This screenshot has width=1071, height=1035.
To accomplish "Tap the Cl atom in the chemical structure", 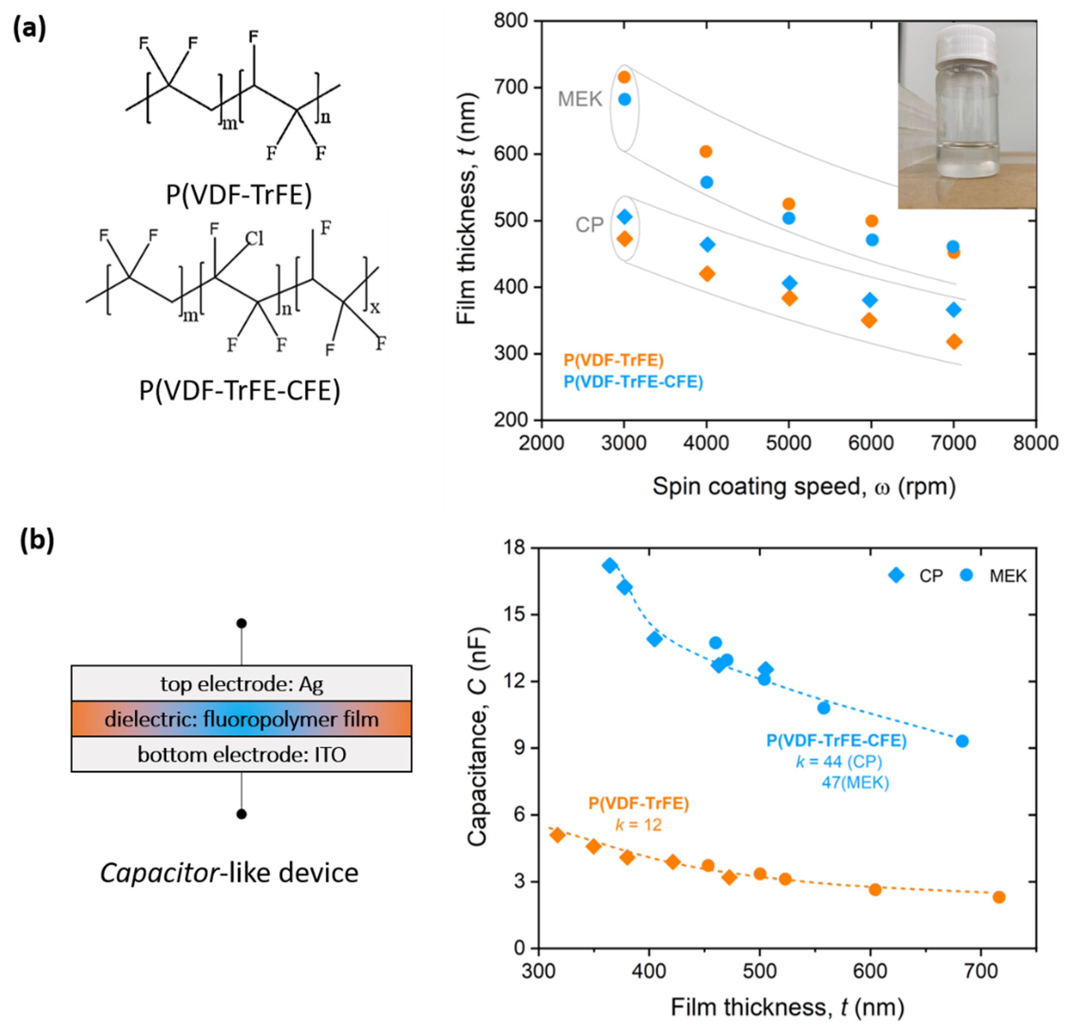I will click(x=254, y=239).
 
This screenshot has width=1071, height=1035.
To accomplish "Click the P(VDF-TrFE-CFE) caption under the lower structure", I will click(x=239, y=391).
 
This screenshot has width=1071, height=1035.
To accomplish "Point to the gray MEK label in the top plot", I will click(x=580, y=99).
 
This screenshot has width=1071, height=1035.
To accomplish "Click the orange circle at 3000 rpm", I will click(x=624, y=77).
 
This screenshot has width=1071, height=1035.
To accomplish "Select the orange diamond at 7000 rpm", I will click(x=954, y=342).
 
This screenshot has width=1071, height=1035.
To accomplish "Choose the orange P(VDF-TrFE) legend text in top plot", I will click(x=613, y=360).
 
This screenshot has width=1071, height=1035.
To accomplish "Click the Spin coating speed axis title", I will click(x=804, y=486).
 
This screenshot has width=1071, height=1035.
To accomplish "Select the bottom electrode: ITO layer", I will click(x=241, y=754).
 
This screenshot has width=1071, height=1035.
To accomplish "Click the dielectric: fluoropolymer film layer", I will click(x=241, y=719).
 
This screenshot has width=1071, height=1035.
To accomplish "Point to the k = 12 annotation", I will click(x=638, y=824).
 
